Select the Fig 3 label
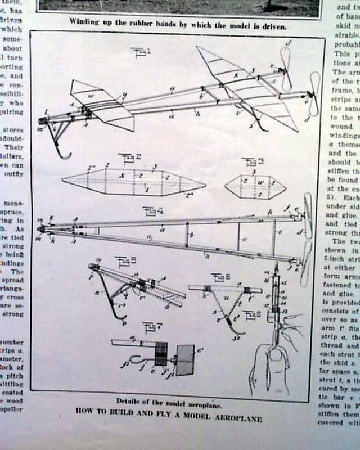pos(250,161)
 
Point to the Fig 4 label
pos(152,211)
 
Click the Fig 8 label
pos(251,314)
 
